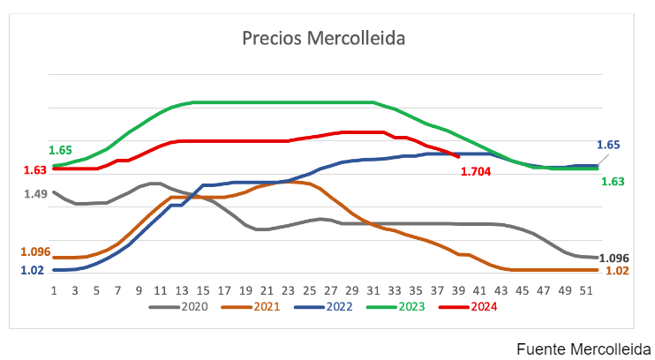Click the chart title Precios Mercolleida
324,40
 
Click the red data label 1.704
478,171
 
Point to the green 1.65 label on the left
61,150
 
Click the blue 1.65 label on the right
608,145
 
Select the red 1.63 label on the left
35,169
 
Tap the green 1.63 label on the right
613,181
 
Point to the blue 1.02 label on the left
32,270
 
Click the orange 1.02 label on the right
617,270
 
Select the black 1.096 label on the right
614,258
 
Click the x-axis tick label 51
590,289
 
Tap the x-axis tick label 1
54,289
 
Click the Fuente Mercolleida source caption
583,347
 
